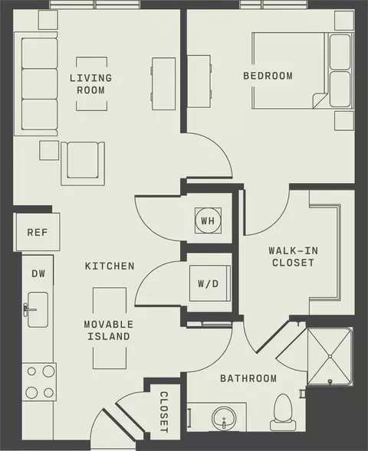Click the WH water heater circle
[x=209, y=221]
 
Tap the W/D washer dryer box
[x=210, y=283]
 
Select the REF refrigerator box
[x=37, y=232]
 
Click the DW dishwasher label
[x=38, y=273]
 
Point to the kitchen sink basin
[x=38, y=310]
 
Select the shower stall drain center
[x=330, y=357]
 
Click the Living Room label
[x=90, y=84]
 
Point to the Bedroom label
[x=268, y=76]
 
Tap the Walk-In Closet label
[x=294, y=257]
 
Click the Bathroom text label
[x=248, y=378]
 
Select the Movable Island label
[x=109, y=331]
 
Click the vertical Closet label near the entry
[x=164, y=412]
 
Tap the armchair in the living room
[x=83, y=163]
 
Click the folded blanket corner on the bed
[x=319, y=101]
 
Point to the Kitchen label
[x=110, y=266]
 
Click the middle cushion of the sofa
[x=39, y=83]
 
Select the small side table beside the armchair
[x=49, y=150]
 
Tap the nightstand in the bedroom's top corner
[x=344, y=20]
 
